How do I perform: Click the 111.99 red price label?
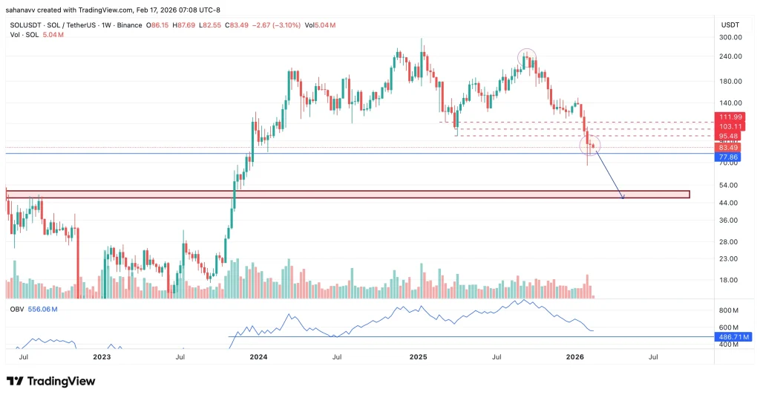[x=731, y=117]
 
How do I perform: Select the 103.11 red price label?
[x=731, y=127]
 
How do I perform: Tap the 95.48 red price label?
[x=731, y=137]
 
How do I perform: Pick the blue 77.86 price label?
[x=731, y=157]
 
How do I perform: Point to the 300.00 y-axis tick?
[x=731, y=37]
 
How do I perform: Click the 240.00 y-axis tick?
[x=731, y=56]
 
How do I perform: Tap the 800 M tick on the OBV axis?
[x=730, y=310]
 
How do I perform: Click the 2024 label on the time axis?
[x=259, y=357]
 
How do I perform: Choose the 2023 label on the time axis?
[x=102, y=357]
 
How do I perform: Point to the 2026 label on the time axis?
[x=575, y=357]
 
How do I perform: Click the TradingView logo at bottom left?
[x=50, y=381]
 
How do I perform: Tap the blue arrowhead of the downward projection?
[x=623, y=198]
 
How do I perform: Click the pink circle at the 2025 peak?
[x=527, y=58]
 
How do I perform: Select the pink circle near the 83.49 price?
[x=591, y=146]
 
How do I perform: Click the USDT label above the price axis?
[x=730, y=25]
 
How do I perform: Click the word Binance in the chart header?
[x=128, y=25]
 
